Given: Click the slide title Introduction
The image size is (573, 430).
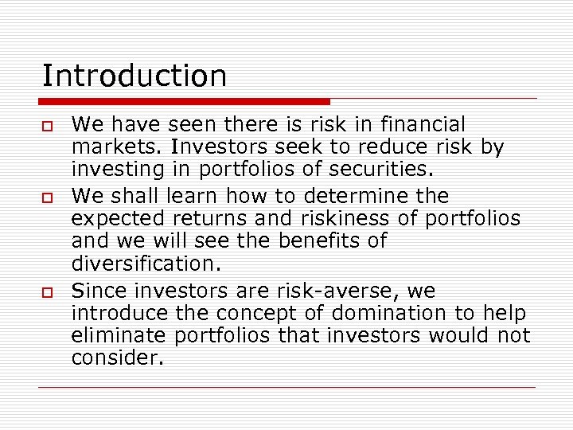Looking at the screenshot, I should click(x=134, y=76).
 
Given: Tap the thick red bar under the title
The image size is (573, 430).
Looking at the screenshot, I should click(x=185, y=102).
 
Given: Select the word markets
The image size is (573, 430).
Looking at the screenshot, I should click(x=107, y=148).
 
